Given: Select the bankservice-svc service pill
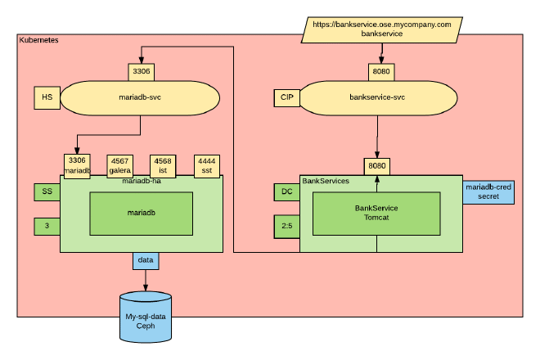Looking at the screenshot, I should (x=377, y=97).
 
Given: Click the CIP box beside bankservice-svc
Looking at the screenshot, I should (x=286, y=97).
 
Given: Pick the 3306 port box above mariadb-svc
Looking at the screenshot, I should (x=142, y=72).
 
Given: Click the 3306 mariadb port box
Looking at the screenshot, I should (x=77, y=165).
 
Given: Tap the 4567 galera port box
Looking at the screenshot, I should (x=121, y=165).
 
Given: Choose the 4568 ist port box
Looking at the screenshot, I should (x=164, y=165).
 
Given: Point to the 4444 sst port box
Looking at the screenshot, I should (x=207, y=165).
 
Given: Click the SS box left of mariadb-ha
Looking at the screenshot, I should (x=46, y=192).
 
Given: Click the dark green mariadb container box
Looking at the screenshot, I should (x=141, y=213).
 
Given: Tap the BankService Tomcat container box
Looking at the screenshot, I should (x=376, y=213).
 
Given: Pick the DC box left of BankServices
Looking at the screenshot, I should (x=286, y=192).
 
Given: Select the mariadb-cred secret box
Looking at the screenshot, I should (x=488, y=191).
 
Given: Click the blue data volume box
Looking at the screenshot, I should (x=146, y=261).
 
